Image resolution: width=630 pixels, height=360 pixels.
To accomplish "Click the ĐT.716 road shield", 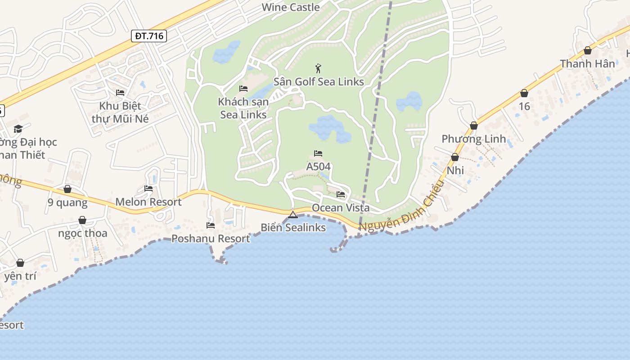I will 149,36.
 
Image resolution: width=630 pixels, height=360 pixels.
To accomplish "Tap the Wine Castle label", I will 291,7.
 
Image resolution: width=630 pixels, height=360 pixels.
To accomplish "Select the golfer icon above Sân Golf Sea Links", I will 319,69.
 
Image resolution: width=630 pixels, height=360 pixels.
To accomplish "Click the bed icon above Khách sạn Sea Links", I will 243,89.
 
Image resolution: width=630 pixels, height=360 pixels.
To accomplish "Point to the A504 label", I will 318,166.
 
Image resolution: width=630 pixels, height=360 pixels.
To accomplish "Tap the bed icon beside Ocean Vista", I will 341,195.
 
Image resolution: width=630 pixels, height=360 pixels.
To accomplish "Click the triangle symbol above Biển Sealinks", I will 293,215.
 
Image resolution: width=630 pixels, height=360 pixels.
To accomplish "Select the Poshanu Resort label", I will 211,238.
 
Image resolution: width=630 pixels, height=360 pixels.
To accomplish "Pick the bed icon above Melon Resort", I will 148,189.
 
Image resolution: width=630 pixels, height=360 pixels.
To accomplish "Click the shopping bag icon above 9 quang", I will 67,189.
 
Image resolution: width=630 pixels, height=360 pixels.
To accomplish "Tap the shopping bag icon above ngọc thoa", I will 82,220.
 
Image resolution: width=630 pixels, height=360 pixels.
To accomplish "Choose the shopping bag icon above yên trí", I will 20,263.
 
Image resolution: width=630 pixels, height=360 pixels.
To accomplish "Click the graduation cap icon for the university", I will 18,129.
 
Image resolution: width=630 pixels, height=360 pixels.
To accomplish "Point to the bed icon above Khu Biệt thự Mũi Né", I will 120,93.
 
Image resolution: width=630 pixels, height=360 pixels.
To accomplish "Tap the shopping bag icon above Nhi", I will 455,157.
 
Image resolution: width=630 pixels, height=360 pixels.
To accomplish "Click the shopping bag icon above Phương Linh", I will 474,126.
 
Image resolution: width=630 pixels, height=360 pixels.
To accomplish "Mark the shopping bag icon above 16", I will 524,93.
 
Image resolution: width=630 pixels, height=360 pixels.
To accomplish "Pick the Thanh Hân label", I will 587,64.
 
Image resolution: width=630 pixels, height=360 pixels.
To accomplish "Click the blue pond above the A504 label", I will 328,127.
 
